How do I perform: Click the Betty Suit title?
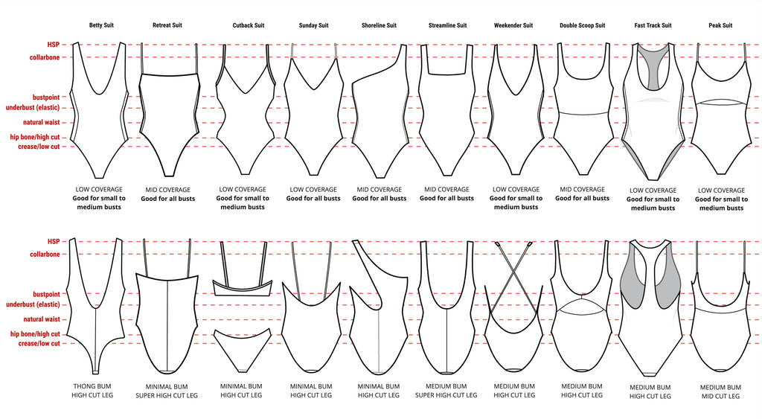101,25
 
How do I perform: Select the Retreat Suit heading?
167,25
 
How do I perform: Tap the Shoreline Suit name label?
379,25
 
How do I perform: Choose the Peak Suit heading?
720,25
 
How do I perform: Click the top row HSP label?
53,45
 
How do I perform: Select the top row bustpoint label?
45,97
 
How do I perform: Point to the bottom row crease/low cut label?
39,343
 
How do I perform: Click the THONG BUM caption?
95,386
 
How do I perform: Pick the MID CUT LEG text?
720,397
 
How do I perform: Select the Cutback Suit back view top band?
243,287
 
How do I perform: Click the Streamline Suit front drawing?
446,112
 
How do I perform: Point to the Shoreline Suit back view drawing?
379,313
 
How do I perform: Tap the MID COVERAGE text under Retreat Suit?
167,190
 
